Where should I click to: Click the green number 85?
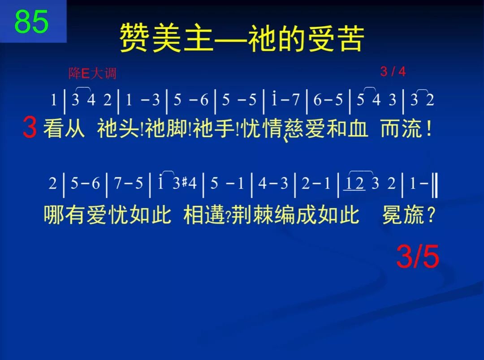31,21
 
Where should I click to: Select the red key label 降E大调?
92,73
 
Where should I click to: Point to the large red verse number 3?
30,129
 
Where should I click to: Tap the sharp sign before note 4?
184,184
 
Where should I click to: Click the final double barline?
434,184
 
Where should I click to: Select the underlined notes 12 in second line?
354,184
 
